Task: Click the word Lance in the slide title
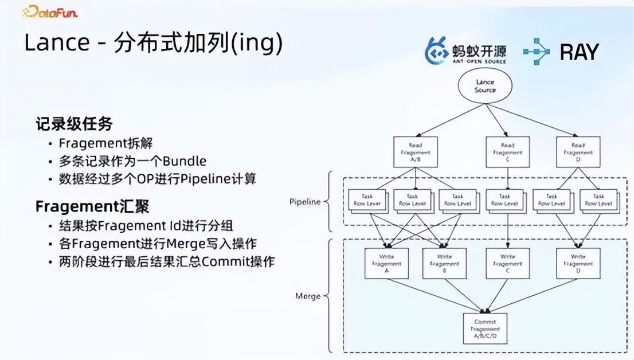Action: pos(53,44)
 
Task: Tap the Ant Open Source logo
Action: pos(465,51)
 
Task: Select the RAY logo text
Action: pos(579,52)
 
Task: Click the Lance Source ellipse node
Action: pos(485,87)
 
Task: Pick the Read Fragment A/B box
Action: pos(416,152)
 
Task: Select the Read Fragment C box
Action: pos(507,152)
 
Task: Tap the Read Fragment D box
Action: pos(578,152)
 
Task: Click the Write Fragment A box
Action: pos(387,263)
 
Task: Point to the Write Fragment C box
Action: pos(507,263)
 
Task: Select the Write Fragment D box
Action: pos(578,263)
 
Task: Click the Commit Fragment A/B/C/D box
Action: pos(485,328)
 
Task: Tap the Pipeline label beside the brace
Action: pos(305,202)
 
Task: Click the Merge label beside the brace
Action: pos(308,296)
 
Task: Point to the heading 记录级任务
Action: pos(74,123)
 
